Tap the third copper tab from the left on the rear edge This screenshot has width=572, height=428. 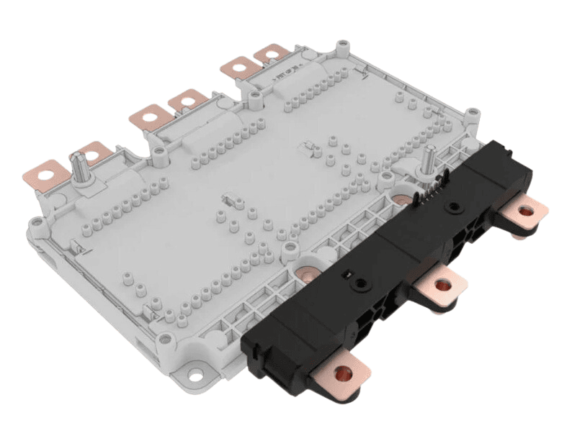point(153,114)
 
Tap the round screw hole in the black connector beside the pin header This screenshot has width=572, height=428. point(452,206)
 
